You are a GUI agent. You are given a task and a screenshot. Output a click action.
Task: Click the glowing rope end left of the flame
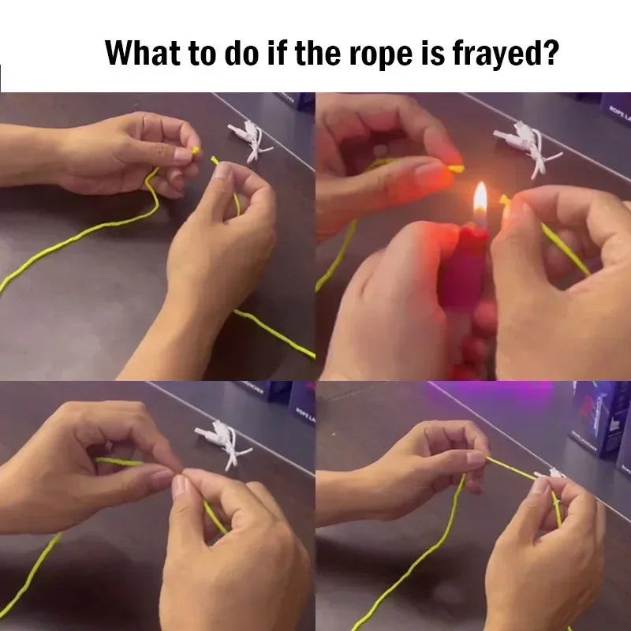pyautogui.click(x=455, y=168)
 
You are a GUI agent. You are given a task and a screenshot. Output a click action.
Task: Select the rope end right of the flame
pyautogui.click(x=505, y=202)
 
